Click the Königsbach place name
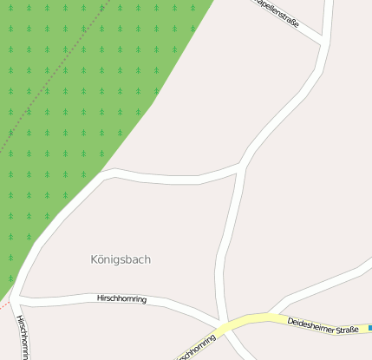coord(127,259)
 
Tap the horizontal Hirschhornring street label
coord(121,299)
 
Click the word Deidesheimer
coord(309,323)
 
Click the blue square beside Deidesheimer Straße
coord(369,328)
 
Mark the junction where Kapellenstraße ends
coord(322,40)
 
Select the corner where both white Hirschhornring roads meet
coord(17,299)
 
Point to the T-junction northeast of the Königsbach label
coord(240,167)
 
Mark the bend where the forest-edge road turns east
coord(106,173)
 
